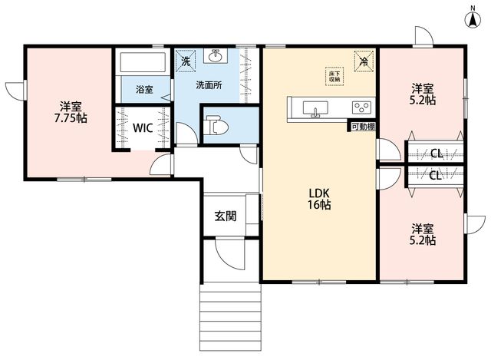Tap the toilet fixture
[x=216, y=125]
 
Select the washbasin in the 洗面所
[x=215, y=56]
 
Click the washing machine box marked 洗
[x=186, y=61]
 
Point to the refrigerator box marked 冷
[x=364, y=61]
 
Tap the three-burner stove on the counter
[x=362, y=107]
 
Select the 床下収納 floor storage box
[x=334, y=76]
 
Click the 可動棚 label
[x=363, y=127]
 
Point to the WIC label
[x=143, y=128]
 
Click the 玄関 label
[x=226, y=216]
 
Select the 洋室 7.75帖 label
[x=71, y=113]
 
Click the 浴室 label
[x=144, y=90]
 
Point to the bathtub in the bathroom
[x=143, y=62]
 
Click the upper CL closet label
[x=437, y=154]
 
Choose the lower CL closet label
[x=435, y=176]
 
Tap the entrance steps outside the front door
[x=230, y=317]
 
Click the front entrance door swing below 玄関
[x=230, y=254]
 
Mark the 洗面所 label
[x=209, y=85]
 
